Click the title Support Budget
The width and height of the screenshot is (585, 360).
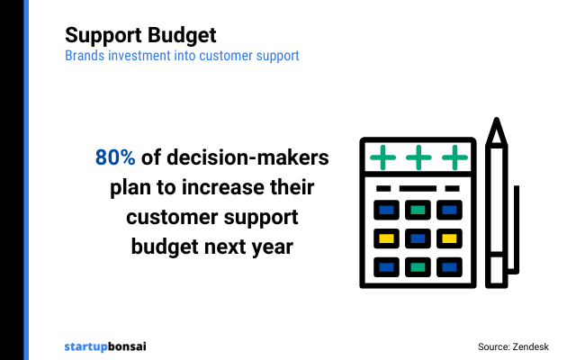click(140, 36)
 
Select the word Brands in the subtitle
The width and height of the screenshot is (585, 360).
click(85, 56)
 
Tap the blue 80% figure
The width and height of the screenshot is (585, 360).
click(115, 157)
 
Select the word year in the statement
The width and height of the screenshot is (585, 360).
click(273, 246)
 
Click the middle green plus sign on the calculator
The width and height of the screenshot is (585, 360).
click(418, 157)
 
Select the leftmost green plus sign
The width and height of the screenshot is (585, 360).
click(384, 157)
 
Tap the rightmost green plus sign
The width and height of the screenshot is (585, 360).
click(454, 157)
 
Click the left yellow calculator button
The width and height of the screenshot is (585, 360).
click(386, 239)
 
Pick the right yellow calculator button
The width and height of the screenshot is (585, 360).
click(449, 239)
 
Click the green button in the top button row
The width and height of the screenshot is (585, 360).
click(418, 211)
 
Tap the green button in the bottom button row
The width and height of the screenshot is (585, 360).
click(418, 267)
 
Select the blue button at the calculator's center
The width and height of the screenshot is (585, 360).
click(418, 239)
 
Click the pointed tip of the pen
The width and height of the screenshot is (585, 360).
click(496, 124)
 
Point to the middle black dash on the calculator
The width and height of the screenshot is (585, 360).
click(418, 188)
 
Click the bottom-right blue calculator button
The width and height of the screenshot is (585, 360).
click(449, 267)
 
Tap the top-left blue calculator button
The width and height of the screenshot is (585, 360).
click(386, 211)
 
